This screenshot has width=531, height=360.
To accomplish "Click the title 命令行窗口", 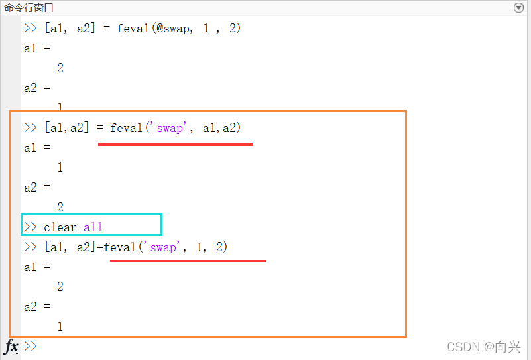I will click(x=29, y=7).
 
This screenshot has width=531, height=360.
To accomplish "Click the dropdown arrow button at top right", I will click(x=518, y=7).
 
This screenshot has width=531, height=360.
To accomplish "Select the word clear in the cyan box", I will click(x=60, y=227).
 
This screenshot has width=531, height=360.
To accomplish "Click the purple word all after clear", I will click(x=93, y=227).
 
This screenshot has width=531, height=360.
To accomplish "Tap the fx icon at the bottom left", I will click(x=11, y=347).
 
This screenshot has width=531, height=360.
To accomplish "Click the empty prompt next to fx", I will click(x=30, y=347).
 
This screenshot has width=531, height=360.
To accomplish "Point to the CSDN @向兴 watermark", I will click(x=483, y=347).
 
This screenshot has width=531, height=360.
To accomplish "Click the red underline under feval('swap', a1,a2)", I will click(x=175, y=143).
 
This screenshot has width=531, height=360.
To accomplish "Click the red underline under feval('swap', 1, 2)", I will click(x=188, y=261).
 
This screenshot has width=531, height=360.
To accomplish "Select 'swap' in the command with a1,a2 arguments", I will click(x=170, y=128).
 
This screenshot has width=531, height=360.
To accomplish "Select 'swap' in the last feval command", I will click(x=163, y=247).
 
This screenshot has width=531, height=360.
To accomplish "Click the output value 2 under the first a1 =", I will click(x=60, y=68).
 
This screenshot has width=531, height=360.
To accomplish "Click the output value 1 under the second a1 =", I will click(x=60, y=168).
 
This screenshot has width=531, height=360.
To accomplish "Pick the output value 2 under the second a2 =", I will click(x=60, y=208).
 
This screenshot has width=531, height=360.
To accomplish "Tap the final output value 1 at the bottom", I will click(x=60, y=327).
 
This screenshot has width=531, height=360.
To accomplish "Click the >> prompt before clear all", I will click(x=30, y=227).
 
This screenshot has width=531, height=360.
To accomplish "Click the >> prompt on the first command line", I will click(x=30, y=29).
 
